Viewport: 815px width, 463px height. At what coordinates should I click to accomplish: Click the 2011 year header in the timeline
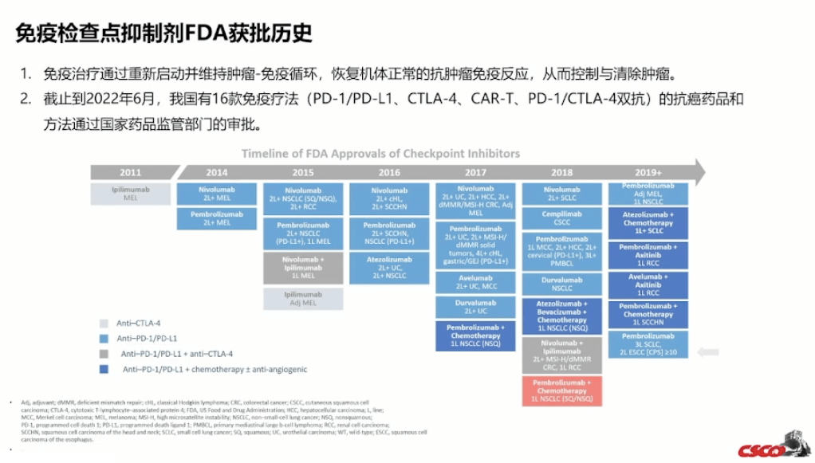(x=130, y=172)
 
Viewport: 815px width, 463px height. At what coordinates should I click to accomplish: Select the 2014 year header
(x=216, y=172)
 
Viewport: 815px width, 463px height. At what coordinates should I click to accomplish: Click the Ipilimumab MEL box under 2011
(x=130, y=194)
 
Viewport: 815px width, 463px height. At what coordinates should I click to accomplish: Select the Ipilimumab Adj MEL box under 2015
(x=302, y=299)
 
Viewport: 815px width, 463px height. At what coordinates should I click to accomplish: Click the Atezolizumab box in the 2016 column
(x=388, y=269)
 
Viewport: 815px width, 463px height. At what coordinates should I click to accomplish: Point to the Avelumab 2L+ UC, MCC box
(x=476, y=282)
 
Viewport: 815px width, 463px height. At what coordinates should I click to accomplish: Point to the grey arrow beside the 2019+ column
(x=707, y=351)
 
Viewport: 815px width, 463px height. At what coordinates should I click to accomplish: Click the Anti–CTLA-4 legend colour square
(x=104, y=324)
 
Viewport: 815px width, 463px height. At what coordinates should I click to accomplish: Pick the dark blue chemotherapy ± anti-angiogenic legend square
(x=104, y=370)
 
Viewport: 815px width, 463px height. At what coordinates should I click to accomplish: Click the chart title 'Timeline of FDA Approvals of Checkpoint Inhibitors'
(x=380, y=153)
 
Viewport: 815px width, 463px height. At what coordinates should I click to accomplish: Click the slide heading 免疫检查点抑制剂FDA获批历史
(x=163, y=33)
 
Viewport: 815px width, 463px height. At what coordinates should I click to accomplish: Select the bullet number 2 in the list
(x=26, y=100)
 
